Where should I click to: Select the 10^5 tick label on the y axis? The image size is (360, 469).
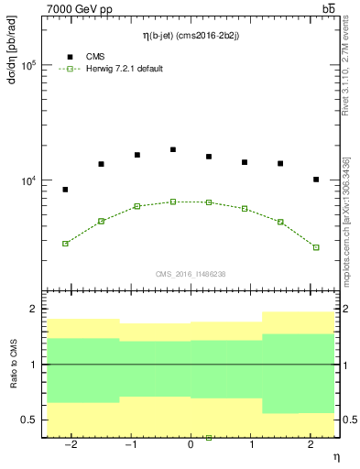28,65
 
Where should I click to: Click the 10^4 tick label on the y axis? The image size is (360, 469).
28,181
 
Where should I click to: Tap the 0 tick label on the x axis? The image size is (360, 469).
191,444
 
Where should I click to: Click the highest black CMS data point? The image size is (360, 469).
173,149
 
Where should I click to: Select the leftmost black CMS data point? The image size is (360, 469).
65,190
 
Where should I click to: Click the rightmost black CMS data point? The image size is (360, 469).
316,180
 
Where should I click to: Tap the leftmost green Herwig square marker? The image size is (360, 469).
65,244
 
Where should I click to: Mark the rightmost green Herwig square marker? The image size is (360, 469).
316,247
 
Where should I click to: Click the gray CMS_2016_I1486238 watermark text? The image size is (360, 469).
191,274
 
